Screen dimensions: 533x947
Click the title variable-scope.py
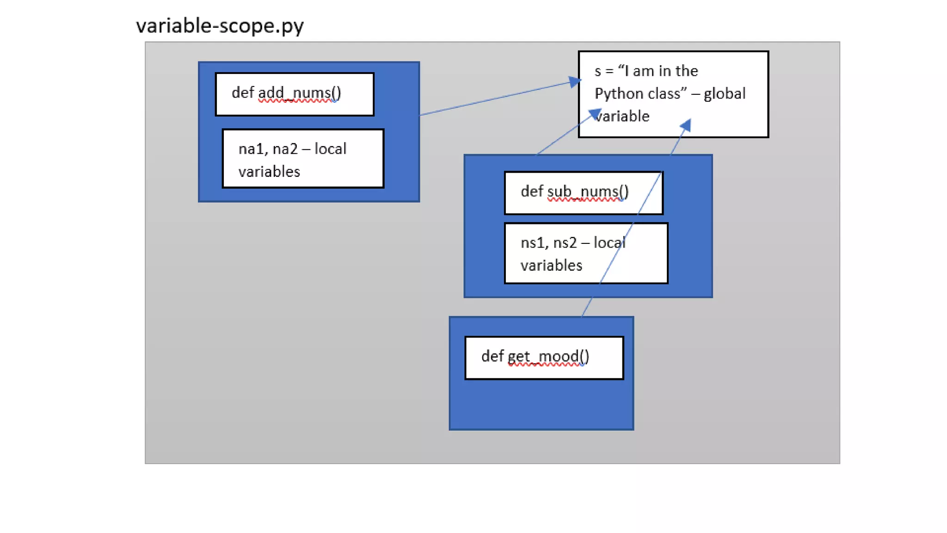pos(220,25)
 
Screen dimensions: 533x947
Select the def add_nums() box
pos(295,94)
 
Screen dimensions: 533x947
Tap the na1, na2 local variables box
pos(303,159)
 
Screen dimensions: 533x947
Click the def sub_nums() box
pos(584,193)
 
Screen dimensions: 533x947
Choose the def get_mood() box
pos(544,358)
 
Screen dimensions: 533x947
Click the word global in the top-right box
pos(725,94)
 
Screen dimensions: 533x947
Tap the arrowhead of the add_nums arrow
pos(574,82)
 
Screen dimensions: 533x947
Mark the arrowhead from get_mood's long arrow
pos(686,125)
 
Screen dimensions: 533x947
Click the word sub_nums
pos(588,192)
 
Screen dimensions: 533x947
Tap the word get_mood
pos(548,356)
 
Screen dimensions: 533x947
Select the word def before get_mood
pos(492,356)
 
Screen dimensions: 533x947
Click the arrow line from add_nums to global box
pos(495,99)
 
